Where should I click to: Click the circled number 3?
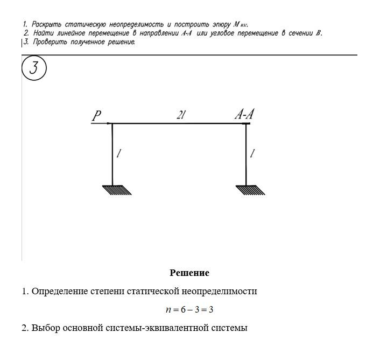coord(34,69)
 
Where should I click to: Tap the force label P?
coord(96,115)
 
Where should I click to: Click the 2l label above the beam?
coord(180,115)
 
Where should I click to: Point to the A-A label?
coord(244,114)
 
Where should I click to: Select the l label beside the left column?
coord(119,154)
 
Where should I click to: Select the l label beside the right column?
coord(252,154)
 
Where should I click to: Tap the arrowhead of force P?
coord(109,123)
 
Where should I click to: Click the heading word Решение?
coord(189,273)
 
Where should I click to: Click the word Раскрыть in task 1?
coord(46,24)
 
